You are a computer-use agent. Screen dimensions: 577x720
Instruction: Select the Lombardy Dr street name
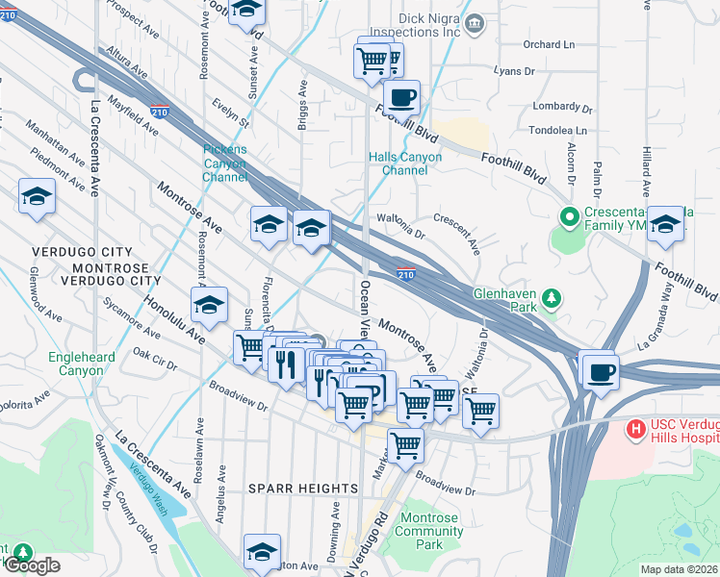click(x=560, y=107)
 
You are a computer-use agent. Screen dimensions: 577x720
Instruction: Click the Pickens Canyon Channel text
click(x=225, y=163)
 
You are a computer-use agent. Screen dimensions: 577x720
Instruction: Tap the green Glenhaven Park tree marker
click(x=552, y=297)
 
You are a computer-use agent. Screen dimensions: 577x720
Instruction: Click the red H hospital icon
click(x=635, y=427)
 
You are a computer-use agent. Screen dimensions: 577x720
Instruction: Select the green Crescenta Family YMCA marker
click(x=568, y=215)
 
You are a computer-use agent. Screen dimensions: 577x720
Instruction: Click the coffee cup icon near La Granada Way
click(x=601, y=370)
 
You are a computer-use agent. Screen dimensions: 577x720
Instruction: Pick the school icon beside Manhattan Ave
click(x=37, y=197)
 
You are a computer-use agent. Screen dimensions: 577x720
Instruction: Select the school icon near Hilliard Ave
click(x=665, y=224)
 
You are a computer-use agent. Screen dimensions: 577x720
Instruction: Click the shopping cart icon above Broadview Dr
click(x=406, y=443)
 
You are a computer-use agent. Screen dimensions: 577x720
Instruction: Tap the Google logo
click(x=31, y=565)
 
